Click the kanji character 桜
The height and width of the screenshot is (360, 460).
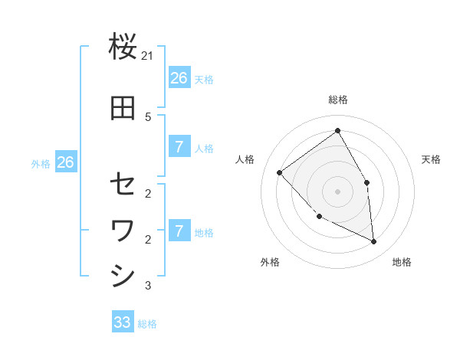(123, 47)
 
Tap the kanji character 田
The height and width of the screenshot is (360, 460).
(123, 109)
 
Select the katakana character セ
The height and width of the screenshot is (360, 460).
(123, 184)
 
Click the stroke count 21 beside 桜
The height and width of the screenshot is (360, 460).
(148, 57)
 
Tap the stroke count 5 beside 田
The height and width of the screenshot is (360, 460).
(148, 117)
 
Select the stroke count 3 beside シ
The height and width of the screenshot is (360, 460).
(148, 286)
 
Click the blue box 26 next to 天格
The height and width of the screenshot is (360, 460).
(179, 78)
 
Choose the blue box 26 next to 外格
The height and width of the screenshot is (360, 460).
(65, 162)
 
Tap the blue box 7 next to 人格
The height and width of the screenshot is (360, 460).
(179, 147)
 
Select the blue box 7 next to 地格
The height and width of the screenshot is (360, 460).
(179, 231)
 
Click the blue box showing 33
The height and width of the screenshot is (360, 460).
(123, 322)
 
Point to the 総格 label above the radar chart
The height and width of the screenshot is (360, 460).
(337, 100)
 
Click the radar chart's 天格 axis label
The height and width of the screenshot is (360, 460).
(431, 159)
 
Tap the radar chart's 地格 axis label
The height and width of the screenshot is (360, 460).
(402, 262)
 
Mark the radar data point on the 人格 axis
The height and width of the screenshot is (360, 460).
(280, 172)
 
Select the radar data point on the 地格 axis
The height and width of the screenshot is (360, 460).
(374, 241)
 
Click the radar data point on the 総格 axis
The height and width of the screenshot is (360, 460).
(337, 131)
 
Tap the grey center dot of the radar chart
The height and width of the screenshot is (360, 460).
(337, 191)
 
